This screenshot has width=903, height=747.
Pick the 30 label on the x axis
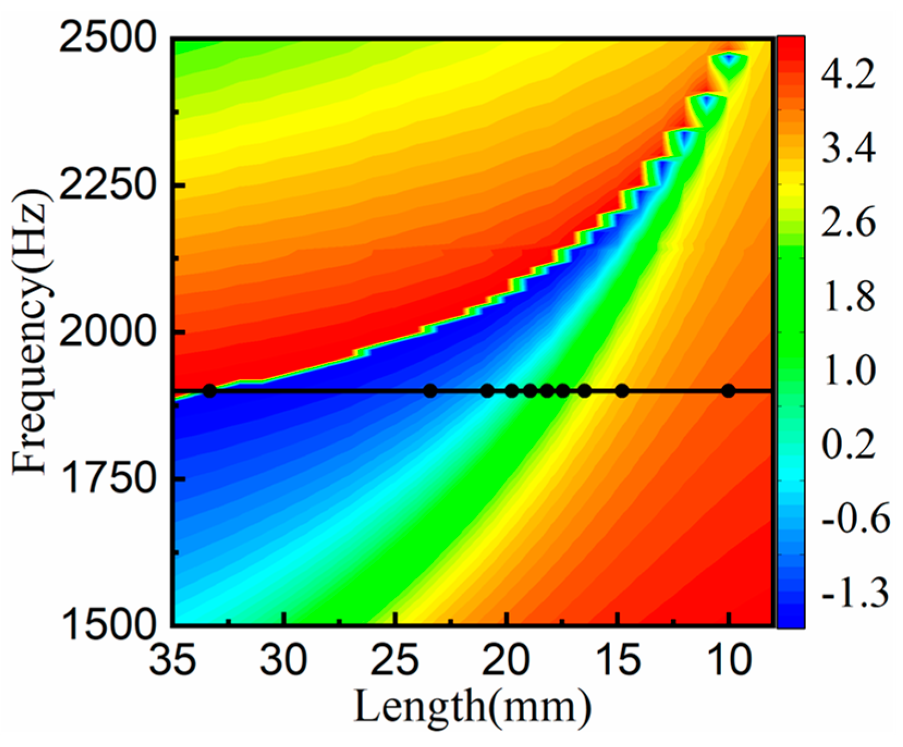coord(283,661)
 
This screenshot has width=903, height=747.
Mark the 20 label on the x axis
coord(506,661)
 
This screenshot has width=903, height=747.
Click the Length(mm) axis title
coord(472,708)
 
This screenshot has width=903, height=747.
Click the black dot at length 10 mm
coord(728,391)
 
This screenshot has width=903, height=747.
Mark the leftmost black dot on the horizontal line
coord(210,391)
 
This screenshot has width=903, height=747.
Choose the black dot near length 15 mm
coord(622,391)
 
